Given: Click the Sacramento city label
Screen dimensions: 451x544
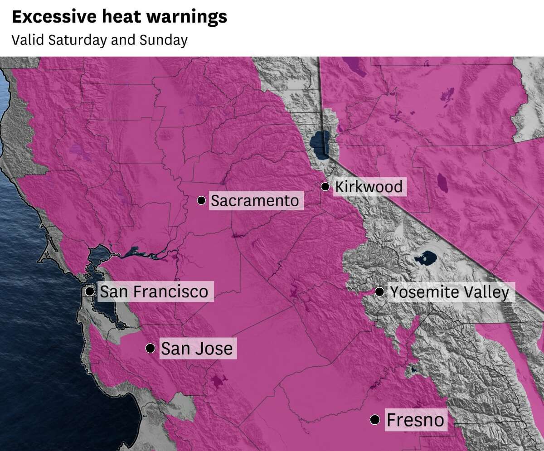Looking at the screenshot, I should pyautogui.click(x=255, y=200).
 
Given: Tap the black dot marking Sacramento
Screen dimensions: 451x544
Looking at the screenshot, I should pyautogui.click(x=201, y=200).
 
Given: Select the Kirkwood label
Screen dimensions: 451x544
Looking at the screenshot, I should pyautogui.click(x=369, y=186).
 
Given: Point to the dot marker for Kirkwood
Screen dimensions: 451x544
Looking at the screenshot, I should pyautogui.click(x=325, y=186).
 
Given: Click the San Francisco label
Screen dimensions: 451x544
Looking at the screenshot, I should pyautogui.click(x=154, y=291).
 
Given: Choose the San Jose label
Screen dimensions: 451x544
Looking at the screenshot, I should pyautogui.click(x=197, y=349).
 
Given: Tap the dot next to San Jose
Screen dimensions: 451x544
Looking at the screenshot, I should pyautogui.click(x=150, y=348).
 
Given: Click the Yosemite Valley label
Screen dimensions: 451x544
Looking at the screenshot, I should pyautogui.click(x=449, y=292).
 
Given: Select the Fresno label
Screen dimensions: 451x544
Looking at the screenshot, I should pyautogui.click(x=415, y=420).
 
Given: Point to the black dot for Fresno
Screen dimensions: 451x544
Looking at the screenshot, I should pyautogui.click(x=374, y=420).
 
